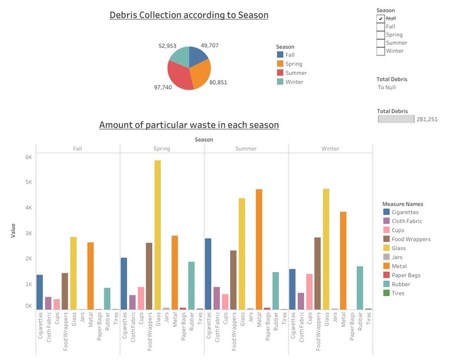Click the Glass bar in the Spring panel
pyautogui.click(x=158, y=235)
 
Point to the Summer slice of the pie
pyautogui.click(x=178, y=78)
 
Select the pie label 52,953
pyautogui.click(x=167, y=46)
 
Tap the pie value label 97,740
pyautogui.click(x=162, y=87)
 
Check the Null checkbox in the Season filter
pyautogui.click(x=380, y=19)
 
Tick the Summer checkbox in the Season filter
pyautogui.click(x=380, y=43)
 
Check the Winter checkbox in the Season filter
pyautogui.click(x=380, y=51)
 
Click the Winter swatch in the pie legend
pyautogui.click(x=280, y=82)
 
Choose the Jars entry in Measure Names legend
pyautogui.click(x=387, y=257)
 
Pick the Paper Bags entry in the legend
pyautogui.click(x=387, y=275)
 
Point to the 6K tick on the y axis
pyautogui.click(x=28, y=157)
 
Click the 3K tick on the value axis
pyautogui.click(x=28, y=233)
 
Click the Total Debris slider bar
pyautogui.click(x=396, y=119)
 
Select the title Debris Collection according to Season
pyautogui.click(x=189, y=15)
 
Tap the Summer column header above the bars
pyautogui.click(x=246, y=149)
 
